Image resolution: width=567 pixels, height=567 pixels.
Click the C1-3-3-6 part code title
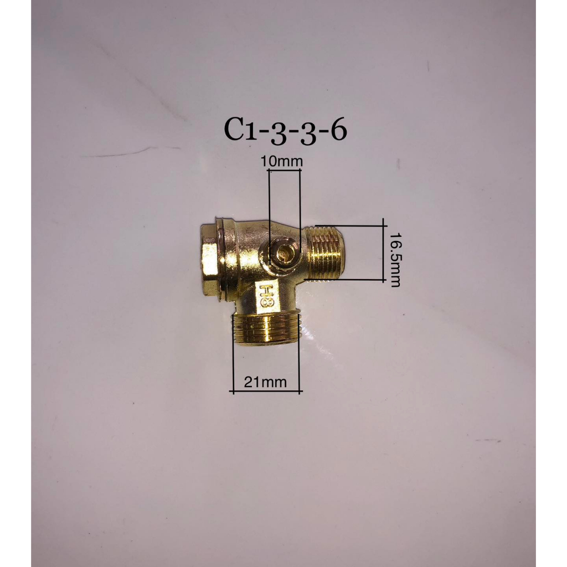(x=285, y=131)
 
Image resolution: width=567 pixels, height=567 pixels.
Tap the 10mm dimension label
(x=282, y=162)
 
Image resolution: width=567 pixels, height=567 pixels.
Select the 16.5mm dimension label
(x=395, y=259)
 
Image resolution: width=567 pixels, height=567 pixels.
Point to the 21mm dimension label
(x=265, y=382)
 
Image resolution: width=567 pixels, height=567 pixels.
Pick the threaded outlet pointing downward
(x=265, y=328)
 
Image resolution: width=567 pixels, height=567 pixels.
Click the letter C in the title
(x=234, y=130)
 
